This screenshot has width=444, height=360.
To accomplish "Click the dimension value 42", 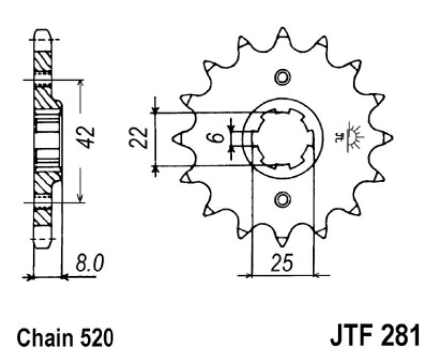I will (88, 137).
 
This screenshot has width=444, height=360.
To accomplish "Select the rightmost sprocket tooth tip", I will (391, 137).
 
